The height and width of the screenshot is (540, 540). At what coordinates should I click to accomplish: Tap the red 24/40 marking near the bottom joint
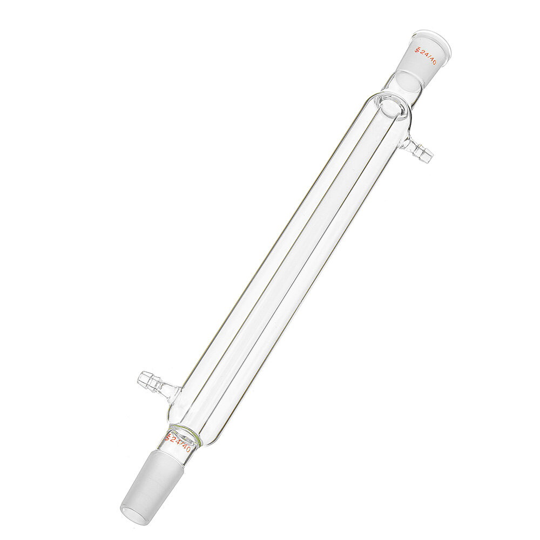tap(178, 441)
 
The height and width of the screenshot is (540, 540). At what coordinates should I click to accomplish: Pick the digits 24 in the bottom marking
tap(175, 440)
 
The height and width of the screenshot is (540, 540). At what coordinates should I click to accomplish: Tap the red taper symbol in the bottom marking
tap(167, 435)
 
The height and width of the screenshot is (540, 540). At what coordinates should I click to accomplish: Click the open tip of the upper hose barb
tap(430, 156)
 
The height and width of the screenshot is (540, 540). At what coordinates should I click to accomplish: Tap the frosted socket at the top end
tap(421, 59)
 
